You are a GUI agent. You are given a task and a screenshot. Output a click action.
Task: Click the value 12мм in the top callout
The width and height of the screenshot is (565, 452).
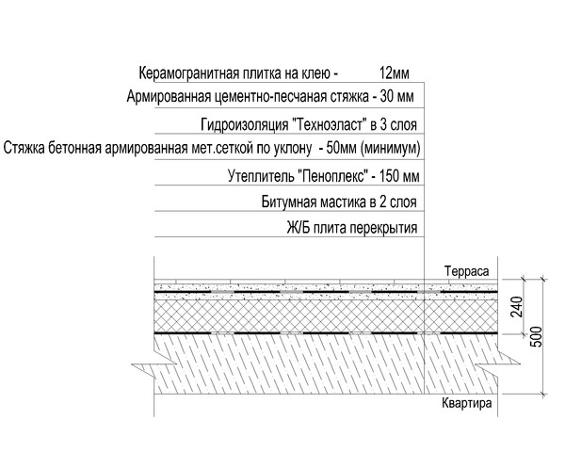pyautogui.click(x=395, y=73)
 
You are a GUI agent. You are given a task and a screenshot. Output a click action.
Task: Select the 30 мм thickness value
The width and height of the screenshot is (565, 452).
pyautogui.click(x=396, y=97)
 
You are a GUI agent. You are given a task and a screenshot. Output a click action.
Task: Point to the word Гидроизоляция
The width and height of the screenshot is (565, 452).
pyautogui.click(x=244, y=125)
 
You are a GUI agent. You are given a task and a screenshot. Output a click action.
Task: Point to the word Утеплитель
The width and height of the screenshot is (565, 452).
pyautogui.click(x=262, y=177)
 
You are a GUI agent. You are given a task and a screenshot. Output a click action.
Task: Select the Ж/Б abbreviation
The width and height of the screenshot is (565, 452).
pyautogui.click(x=299, y=228)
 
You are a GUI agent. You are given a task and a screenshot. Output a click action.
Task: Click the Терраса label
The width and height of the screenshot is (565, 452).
pyautogui.click(x=467, y=271)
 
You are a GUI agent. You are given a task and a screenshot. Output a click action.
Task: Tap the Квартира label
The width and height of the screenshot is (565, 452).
pyautogui.click(x=467, y=403)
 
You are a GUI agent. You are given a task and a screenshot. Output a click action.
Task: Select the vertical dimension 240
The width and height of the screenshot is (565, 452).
pyautogui.click(x=517, y=306)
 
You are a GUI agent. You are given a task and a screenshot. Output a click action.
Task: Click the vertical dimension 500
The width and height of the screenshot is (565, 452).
pyautogui.click(x=537, y=337)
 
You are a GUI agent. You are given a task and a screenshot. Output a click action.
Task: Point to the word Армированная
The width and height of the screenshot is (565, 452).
pyautogui.click(x=169, y=97)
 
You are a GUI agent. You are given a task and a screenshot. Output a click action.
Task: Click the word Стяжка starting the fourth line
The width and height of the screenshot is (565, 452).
pyautogui.click(x=24, y=148)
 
